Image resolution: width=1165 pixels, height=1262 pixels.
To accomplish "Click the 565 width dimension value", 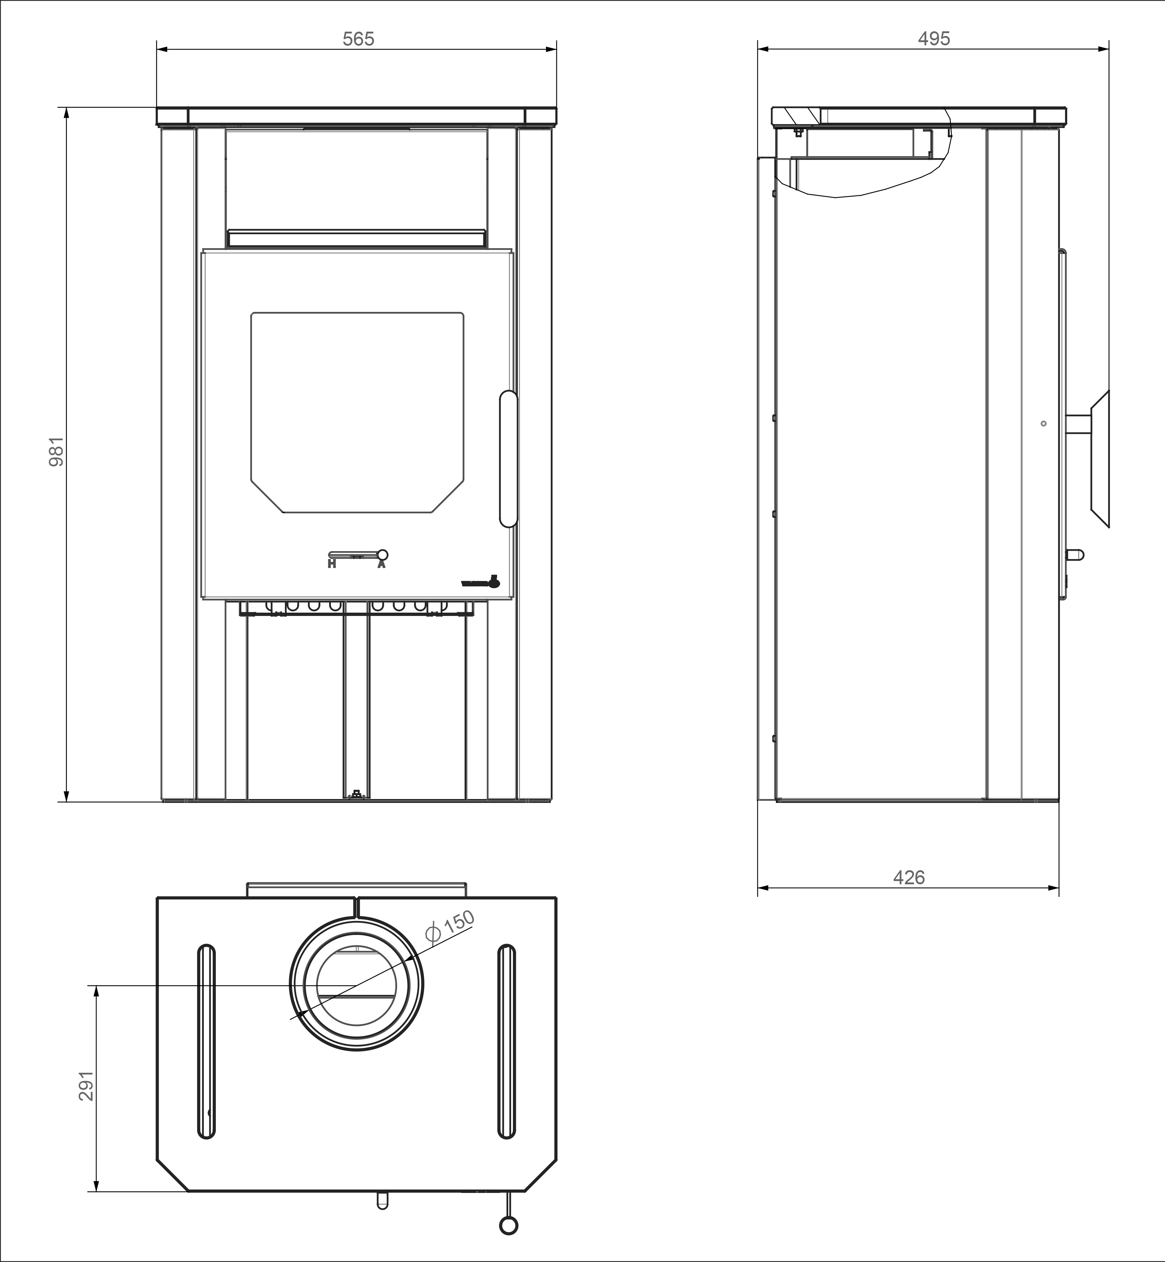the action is point(358,39).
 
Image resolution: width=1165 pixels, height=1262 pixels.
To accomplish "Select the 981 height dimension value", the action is point(57,451).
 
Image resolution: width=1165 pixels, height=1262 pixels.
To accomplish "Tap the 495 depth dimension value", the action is point(934,39).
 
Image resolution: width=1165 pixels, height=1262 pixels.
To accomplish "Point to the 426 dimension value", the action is point(909,877).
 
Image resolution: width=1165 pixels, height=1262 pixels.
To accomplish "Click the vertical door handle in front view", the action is point(508,459).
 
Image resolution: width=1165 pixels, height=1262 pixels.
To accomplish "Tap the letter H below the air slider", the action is point(332,564).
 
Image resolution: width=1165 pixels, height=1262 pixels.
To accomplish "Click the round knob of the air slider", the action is point(382,555).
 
